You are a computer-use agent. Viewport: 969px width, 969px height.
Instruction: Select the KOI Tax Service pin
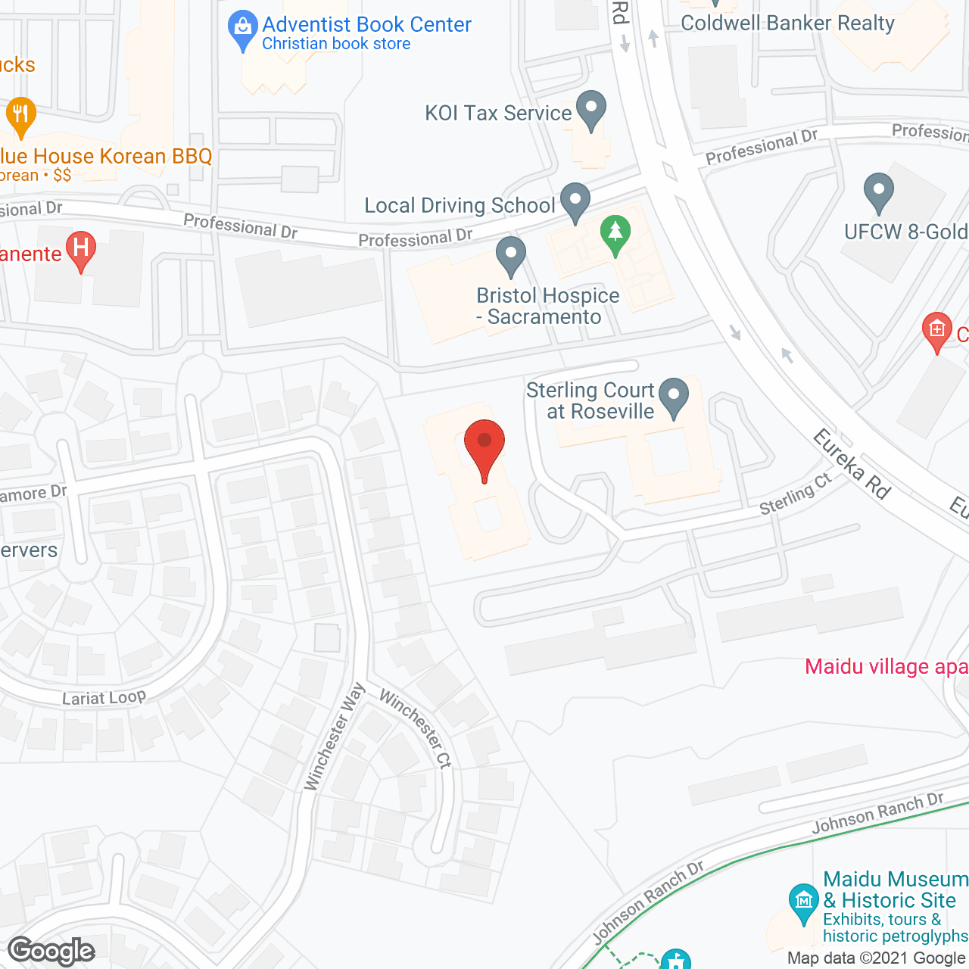pos(591,109)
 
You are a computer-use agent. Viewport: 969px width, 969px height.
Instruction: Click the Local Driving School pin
pos(575,201)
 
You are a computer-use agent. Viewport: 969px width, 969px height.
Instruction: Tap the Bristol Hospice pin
pos(511,255)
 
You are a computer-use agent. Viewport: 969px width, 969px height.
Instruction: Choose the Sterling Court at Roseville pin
pos(673,397)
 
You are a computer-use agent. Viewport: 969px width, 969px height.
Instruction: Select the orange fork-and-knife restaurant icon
pos(20,116)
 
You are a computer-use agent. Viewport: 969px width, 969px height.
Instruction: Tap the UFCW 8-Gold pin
pos(878,192)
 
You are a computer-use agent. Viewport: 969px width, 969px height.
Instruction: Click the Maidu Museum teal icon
pos(803,902)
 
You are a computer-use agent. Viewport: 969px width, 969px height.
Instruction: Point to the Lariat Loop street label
pos(104,697)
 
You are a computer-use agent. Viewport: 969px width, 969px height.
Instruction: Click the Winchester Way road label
pos(335,737)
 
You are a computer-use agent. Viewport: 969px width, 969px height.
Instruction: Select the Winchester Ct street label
pos(416,728)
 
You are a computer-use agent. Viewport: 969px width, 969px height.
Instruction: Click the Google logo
pos(51,951)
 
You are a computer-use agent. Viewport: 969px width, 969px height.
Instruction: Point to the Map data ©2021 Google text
pos(877,958)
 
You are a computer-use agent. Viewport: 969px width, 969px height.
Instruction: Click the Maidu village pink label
pos(886,667)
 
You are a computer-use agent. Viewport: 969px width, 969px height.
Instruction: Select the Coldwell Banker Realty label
pos(787,23)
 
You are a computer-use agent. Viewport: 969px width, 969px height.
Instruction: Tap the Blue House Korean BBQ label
pos(106,157)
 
